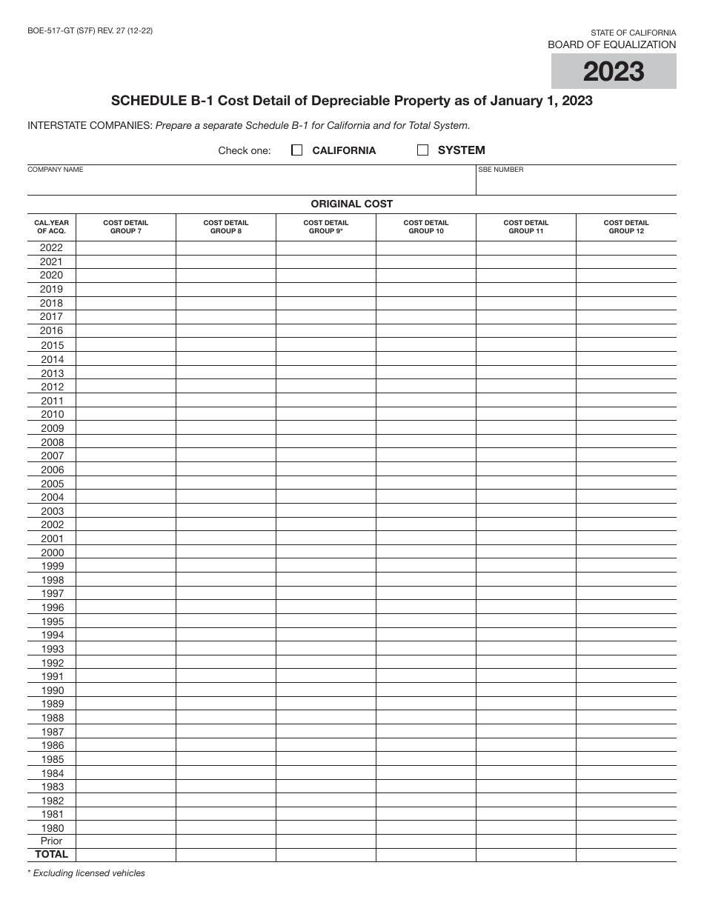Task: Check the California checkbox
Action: point(297,150)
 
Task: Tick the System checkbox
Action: point(423,150)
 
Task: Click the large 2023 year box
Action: point(614,72)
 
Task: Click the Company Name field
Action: point(252,182)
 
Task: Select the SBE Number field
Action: point(576,182)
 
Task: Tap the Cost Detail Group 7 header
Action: point(125,227)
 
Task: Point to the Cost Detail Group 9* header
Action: point(326,227)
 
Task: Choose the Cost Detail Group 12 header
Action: point(626,227)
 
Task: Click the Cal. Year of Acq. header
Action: point(51,227)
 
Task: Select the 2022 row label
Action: point(51,248)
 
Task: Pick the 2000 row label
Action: point(52,553)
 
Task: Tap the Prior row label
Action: point(52,841)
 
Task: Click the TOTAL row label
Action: point(51,855)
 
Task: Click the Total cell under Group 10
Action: point(426,855)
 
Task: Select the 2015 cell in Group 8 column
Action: point(226,345)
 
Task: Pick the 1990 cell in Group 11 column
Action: point(526,690)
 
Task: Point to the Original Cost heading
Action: point(352,204)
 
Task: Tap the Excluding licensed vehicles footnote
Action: point(87,873)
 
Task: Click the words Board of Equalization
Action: point(611,44)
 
